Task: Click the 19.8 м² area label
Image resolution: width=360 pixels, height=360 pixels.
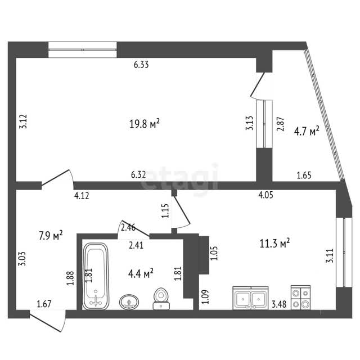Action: pyautogui.click(x=145, y=124)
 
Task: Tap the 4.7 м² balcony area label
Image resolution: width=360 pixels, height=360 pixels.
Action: pyautogui.click(x=307, y=131)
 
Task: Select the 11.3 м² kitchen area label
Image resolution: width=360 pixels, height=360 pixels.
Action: pyautogui.click(x=274, y=243)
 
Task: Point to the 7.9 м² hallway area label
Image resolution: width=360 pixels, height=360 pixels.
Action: pyautogui.click(x=51, y=235)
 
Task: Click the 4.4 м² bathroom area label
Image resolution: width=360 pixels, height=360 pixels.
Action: pyautogui.click(x=141, y=273)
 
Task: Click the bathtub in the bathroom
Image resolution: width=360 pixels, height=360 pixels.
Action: pyautogui.click(x=96, y=276)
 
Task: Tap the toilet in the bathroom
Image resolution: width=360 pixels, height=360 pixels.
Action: pyautogui.click(x=161, y=299)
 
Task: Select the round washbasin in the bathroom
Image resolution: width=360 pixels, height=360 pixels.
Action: pyautogui.click(x=129, y=301)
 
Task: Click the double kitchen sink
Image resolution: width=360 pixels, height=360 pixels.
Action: pyautogui.click(x=250, y=298)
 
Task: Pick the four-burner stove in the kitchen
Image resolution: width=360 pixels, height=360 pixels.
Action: pyautogui.click(x=300, y=298)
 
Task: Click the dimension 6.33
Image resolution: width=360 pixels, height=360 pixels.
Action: pyautogui.click(x=141, y=65)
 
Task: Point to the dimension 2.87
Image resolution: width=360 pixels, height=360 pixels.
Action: pyautogui.click(x=281, y=124)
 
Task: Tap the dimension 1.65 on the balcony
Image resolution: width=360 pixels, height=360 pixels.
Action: pyautogui.click(x=304, y=175)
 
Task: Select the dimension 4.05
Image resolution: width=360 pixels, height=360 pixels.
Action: pyautogui.click(x=266, y=195)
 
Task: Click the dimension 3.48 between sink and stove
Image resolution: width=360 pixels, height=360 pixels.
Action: pyautogui.click(x=279, y=304)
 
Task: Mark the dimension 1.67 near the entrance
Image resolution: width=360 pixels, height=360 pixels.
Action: pyautogui.click(x=44, y=304)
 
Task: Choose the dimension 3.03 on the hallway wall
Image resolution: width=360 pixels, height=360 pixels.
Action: pyautogui.click(x=22, y=259)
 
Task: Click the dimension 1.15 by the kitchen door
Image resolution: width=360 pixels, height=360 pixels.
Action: pyautogui.click(x=165, y=211)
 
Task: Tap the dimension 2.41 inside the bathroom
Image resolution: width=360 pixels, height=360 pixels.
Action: pyautogui.click(x=136, y=245)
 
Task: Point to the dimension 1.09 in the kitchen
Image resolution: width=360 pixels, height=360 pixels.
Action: pyautogui.click(x=205, y=297)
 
